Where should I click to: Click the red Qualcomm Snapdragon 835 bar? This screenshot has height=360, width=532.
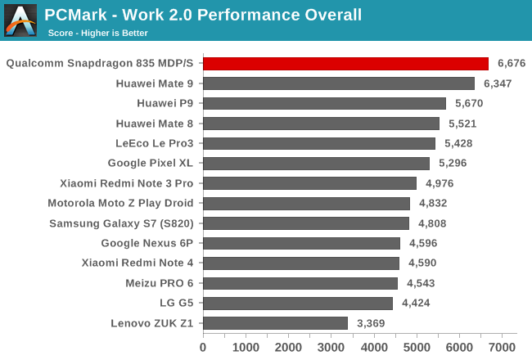pos(345,63)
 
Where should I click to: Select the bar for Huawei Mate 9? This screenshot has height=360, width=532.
pos(339,83)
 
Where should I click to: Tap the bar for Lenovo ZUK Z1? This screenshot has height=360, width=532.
pos(275,323)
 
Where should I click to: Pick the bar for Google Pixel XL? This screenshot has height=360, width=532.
pos(316,163)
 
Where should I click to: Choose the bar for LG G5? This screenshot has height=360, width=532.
pos(298,303)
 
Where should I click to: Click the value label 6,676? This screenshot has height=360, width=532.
pos(512,63)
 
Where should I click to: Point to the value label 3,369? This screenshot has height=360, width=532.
pos(372,323)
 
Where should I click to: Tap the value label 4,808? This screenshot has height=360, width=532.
pos(432,223)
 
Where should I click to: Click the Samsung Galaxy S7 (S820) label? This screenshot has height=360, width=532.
pos(121,223)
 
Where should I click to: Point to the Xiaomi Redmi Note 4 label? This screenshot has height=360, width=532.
pos(138,263)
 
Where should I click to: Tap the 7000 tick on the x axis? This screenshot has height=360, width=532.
pos(502,346)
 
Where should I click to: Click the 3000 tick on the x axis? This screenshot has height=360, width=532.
pos(331,346)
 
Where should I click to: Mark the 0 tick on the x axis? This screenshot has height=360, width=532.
pos(203,346)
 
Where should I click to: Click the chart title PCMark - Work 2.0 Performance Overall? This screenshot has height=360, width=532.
pos(203,15)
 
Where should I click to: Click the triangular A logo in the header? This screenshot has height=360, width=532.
pos(20,20)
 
